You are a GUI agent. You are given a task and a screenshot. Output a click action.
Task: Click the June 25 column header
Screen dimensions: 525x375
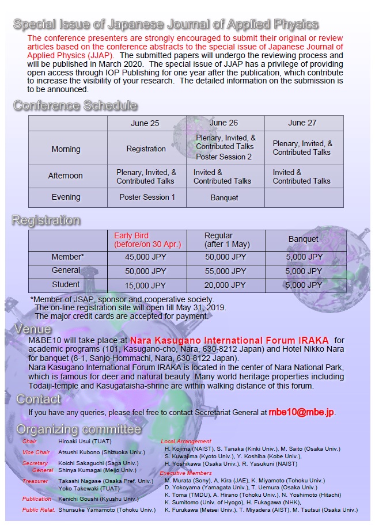[x=146, y=123]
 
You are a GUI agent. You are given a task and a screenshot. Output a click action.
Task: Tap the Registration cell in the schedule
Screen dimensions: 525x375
[x=146, y=149]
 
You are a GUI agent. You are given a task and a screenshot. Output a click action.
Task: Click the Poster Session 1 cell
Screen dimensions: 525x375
[x=147, y=197]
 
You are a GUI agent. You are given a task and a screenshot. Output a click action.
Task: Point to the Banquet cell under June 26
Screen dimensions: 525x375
[x=224, y=197]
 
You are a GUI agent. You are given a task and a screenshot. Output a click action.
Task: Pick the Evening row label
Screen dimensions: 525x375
[x=66, y=197]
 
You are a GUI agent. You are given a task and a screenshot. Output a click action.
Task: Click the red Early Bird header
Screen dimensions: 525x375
[x=147, y=240]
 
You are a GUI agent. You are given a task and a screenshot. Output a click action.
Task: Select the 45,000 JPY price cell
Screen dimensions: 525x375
[x=146, y=257]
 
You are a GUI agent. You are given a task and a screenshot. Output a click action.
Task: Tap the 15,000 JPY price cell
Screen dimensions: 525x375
[x=146, y=285]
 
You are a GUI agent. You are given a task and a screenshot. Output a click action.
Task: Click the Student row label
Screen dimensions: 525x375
[x=66, y=285]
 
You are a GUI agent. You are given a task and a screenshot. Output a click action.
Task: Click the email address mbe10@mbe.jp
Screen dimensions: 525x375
[x=301, y=412]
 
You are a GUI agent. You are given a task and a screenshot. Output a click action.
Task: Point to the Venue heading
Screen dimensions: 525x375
[x=33, y=330]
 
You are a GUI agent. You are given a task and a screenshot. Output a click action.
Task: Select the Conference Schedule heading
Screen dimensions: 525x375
[x=75, y=105]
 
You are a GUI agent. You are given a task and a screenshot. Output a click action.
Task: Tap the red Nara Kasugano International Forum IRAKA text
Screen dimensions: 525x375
[x=229, y=340]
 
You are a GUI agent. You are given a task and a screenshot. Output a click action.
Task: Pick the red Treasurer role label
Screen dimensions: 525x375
[x=35, y=481]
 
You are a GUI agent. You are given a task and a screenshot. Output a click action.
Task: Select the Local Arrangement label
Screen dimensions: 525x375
[x=185, y=442]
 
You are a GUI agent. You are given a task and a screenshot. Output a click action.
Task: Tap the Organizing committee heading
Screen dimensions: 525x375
[x=78, y=429]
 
